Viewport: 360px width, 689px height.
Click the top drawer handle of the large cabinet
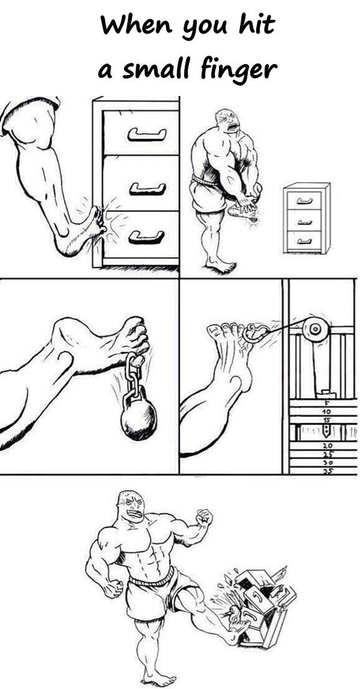click(147, 134)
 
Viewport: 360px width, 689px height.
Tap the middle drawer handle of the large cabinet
click(148, 189)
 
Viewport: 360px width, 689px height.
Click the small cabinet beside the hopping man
click(307, 218)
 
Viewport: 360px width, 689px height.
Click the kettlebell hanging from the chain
click(139, 415)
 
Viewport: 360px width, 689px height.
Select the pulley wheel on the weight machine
click(315, 329)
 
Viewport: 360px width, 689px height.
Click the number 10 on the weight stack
click(326, 412)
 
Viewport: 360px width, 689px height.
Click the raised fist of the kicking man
click(205, 517)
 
